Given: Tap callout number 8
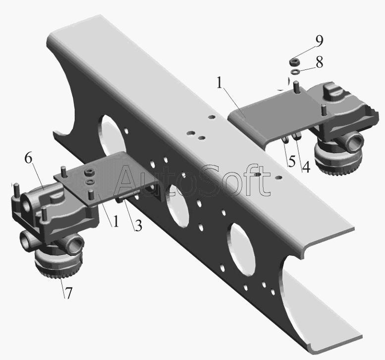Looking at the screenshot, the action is [x=319, y=62].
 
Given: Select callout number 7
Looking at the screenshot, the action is [x=68, y=293].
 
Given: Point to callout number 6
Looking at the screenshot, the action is [x=28, y=159].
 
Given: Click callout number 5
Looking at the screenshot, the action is [x=292, y=162].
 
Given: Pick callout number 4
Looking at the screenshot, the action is [x=306, y=167].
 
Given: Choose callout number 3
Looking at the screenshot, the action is [x=138, y=226].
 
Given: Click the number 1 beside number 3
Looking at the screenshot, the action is [x=115, y=222].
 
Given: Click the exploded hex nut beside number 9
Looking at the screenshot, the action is [x=294, y=61].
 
